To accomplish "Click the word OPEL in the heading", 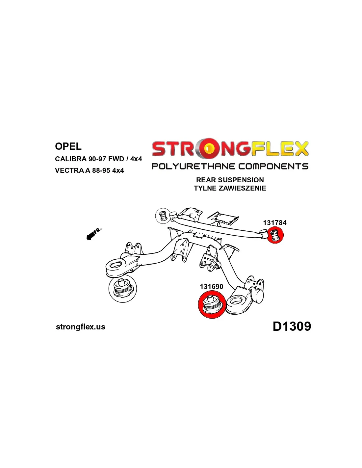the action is point(68,146).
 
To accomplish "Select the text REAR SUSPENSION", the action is point(230,180).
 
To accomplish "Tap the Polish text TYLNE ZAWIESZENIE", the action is point(230,188).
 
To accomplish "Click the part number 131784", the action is point(275,223).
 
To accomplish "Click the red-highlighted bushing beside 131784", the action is point(275,235).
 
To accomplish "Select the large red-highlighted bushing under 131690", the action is point(212,304).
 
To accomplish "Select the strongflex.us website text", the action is point(81,327).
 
